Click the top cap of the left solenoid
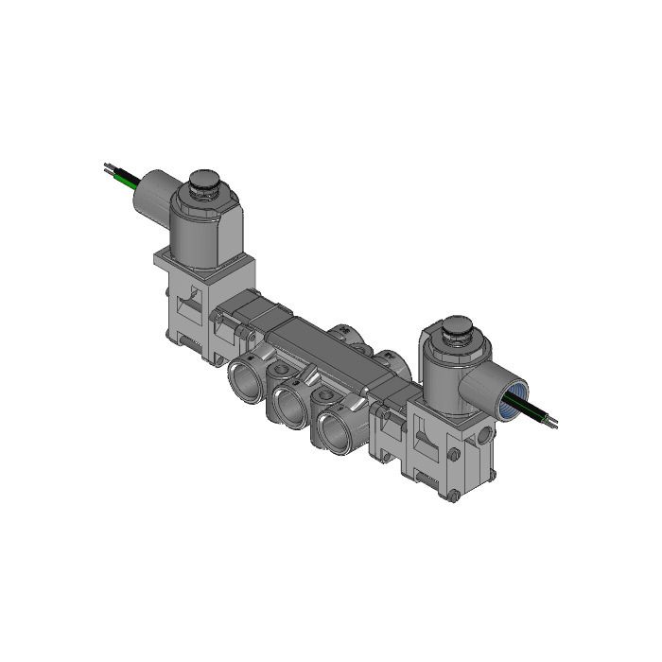pyautogui.click(x=204, y=180)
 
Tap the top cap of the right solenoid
pyautogui.click(x=458, y=328)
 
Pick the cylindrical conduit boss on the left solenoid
pyautogui.click(x=151, y=195)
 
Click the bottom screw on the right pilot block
pyautogui.click(x=455, y=494)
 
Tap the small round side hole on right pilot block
pyautogui.click(x=486, y=434)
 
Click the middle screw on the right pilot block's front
pyautogui.click(x=455, y=455)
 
